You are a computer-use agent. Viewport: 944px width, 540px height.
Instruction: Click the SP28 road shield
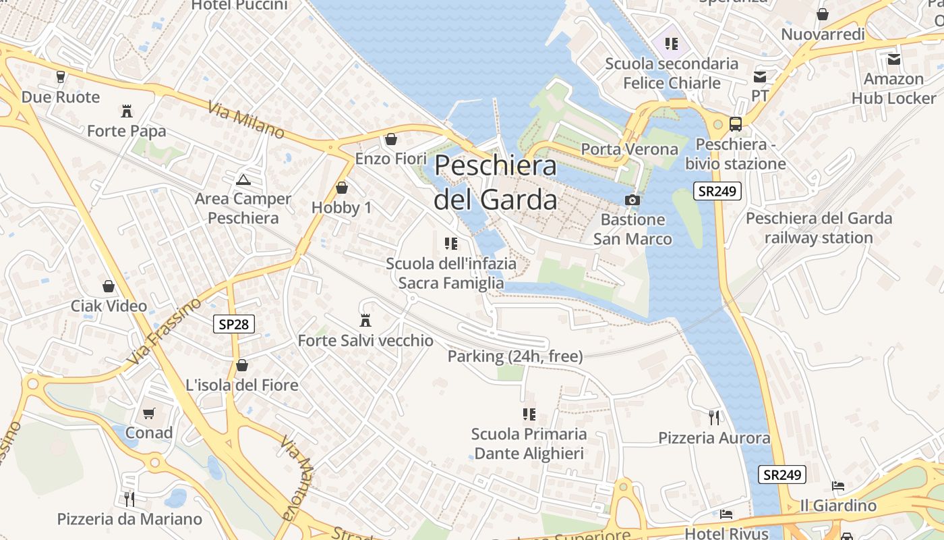coord(234,324)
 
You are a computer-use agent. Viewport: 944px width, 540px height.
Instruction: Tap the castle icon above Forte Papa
coord(126,111)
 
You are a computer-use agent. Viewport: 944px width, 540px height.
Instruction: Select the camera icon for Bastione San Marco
coord(632,200)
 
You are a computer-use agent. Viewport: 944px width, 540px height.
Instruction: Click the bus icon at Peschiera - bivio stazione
coord(735,124)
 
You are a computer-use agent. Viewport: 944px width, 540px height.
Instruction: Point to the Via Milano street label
coord(246,120)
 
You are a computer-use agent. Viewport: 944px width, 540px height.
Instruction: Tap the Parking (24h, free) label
coord(515,356)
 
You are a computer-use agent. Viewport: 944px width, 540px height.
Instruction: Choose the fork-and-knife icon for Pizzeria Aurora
coord(714,418)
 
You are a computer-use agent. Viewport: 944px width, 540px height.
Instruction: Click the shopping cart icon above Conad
coord(149,412)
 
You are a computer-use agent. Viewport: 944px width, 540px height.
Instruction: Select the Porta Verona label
coord(629,149)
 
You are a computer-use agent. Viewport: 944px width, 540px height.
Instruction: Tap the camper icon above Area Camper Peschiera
coord(243,180)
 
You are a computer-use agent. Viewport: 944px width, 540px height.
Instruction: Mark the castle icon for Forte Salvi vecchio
coord(365,320)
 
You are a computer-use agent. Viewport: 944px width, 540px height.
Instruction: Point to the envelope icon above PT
coord(760,76)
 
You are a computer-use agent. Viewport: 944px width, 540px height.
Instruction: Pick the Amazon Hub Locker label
coord(893,88)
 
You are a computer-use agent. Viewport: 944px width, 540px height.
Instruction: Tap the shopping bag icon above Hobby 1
coord(342,188)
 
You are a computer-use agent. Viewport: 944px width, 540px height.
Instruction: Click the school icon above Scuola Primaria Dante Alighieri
coord(529,414)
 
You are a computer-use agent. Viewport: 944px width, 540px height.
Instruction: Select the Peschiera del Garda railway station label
coord(819,228)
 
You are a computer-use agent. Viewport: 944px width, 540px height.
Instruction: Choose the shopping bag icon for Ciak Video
coord(109,286)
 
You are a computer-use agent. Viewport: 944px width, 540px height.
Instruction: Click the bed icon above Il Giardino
coord(837,485)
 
